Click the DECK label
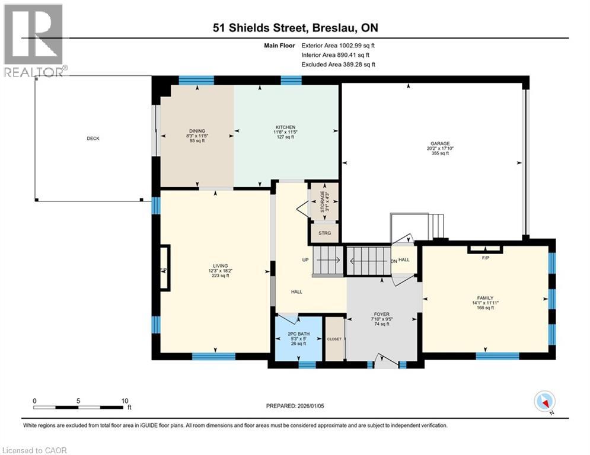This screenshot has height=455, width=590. tap(93, 139)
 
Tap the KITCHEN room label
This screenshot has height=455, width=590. tap(285, 127)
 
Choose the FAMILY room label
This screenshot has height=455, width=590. tap(485, 297)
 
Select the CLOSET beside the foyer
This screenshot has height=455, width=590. tap(334, 339)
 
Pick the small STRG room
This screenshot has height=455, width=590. tap(324, 232)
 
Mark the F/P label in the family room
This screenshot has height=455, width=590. tap(484, 258)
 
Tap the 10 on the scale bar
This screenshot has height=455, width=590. tap(125, 400)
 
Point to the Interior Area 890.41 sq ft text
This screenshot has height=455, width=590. tap(338, 55)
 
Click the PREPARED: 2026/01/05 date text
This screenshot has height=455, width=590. tap(296, 406)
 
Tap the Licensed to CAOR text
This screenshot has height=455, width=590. tap(34, 450)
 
